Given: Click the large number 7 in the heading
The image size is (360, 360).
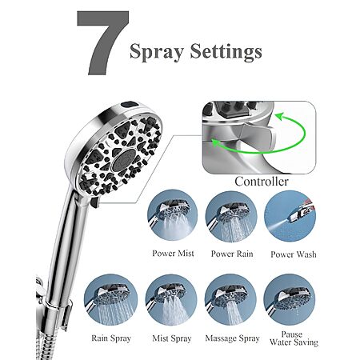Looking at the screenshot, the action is point(103,42).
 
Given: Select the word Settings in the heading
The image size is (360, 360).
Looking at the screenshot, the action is point(226,51).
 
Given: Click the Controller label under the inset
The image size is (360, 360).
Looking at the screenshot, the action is point(262,182).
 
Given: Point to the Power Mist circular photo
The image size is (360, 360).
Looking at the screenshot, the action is point(173,215).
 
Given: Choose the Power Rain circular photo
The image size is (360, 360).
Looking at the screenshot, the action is point(231,217).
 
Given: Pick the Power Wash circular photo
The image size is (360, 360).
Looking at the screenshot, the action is point(290,216).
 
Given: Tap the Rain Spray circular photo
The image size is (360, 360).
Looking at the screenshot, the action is point(111,300).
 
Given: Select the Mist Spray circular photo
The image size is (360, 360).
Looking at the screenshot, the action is point(171,300).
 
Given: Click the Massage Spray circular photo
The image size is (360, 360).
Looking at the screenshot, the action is point(230,300).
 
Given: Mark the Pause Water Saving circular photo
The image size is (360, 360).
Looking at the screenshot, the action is point(290,299).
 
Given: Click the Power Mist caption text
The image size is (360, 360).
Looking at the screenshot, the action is point(173,254).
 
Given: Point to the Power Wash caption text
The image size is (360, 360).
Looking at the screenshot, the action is point(294,254).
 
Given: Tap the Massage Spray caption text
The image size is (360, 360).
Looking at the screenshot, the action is point(232,338).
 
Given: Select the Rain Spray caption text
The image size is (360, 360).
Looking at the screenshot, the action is point(111,338).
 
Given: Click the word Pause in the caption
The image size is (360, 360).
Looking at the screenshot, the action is point(292,334).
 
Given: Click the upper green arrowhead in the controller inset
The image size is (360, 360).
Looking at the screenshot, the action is point(279,117).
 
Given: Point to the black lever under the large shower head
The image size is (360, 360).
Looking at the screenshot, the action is point(94,202).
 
